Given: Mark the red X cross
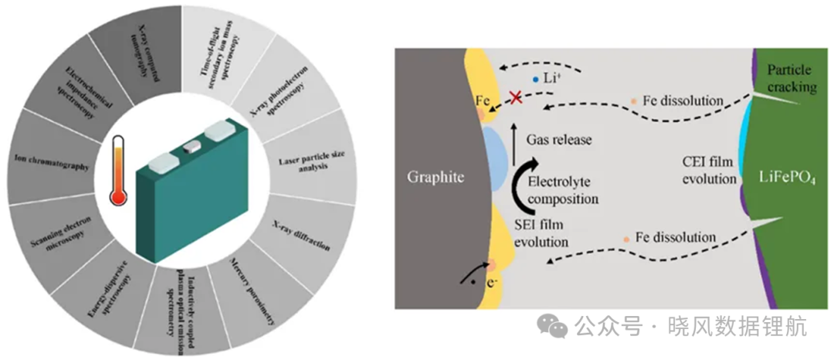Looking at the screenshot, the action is point(515,97).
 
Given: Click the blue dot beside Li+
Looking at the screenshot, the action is point(536,80).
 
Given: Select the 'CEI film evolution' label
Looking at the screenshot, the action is point(710,170).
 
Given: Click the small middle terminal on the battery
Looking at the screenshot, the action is point(192,148).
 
